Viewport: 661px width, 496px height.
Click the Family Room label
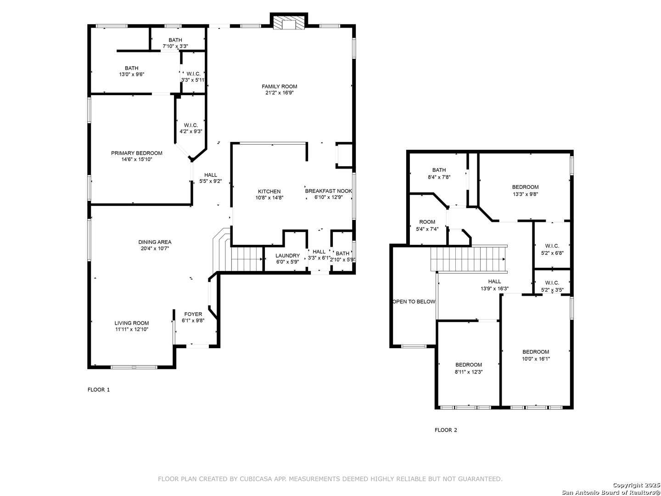279,86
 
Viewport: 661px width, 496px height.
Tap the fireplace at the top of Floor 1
288,21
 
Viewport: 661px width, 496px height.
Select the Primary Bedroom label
136,153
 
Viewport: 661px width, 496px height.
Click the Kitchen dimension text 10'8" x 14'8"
269,198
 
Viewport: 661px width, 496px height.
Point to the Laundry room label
287,256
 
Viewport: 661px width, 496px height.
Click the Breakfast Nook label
328,191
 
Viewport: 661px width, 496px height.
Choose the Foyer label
193,314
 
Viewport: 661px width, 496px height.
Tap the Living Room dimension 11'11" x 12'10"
132,329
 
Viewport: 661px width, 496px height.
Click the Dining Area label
155,242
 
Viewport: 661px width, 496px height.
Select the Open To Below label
414,301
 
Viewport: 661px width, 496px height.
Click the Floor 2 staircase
469,259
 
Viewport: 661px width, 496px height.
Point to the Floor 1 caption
99,390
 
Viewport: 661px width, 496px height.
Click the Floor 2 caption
446,430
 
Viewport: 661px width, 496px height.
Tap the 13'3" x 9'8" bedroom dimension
525,194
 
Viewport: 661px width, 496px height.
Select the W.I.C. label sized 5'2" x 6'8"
552,246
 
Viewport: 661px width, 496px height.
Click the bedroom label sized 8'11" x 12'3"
469,365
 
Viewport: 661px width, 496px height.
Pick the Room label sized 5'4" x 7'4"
427,222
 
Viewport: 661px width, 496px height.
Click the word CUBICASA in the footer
252,479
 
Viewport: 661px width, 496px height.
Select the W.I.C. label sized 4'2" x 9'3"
190,125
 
